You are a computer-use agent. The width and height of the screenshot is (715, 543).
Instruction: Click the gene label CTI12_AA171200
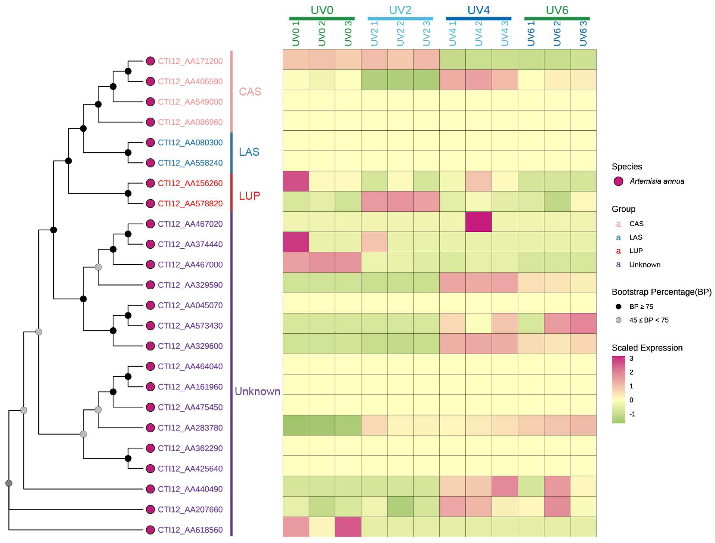(190, 61)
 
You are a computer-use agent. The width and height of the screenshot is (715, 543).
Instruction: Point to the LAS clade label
(249, 152)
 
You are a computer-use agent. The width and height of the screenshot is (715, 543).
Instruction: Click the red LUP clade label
(249, 196)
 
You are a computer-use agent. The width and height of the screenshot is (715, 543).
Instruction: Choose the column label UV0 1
(296, 34)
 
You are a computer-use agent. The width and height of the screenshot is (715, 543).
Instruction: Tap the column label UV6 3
(583, 34)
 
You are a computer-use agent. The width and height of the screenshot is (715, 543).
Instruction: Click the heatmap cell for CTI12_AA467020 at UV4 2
(478, 222)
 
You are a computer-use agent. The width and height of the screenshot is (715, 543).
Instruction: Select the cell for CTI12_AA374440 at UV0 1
(296, 242)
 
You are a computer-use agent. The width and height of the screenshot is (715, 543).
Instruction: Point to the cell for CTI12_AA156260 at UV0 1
(296, 181)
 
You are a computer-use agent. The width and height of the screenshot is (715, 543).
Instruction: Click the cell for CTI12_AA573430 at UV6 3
(583, 323)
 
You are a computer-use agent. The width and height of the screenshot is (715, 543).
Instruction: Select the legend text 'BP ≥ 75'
(641, 306)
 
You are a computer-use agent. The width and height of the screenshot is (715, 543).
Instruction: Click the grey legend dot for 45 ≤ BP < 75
(618, 320)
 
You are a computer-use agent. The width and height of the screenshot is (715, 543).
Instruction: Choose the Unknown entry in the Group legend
(645, 265)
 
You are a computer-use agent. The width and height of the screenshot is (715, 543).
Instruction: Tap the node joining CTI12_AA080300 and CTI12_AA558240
(128, 153)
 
